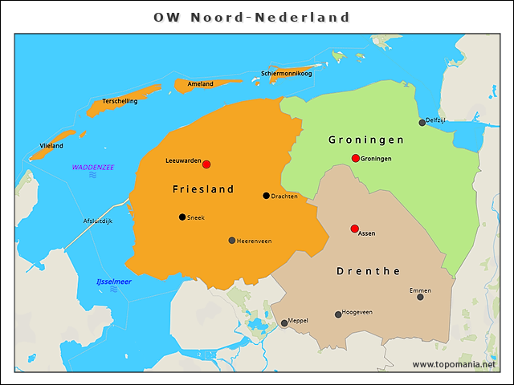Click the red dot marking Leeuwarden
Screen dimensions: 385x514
(x=206, y=164)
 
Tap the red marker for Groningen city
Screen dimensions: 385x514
(x=356, y=158)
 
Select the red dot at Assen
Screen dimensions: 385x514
(x=355, y=229)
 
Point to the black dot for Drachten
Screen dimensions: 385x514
(x=267, y=196)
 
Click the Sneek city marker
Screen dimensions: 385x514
(x=182, y=217)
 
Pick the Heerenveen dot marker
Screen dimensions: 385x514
(x=232, y=241)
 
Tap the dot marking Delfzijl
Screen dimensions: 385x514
(x=422, y=123)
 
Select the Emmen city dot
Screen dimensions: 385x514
(x=420, y=297)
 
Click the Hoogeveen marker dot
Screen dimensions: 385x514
(x=338, y=314)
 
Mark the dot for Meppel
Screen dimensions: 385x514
(x=284, y=324)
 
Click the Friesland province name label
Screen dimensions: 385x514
(x=203, y=189)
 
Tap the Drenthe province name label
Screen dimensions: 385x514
(x=369, y=271)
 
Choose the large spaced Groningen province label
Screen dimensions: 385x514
(x=366, y=140)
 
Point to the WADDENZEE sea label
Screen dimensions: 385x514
(x=93, y=167)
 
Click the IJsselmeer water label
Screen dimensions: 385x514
(x=114, y=282)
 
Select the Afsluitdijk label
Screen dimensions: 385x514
(x=98, y=221)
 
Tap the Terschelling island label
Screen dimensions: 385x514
(x=120, y=101)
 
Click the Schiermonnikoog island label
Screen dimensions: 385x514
(x=286, y=74)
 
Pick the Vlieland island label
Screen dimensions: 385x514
(x=51, y=145)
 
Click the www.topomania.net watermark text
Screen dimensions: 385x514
(x=454, y=364)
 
